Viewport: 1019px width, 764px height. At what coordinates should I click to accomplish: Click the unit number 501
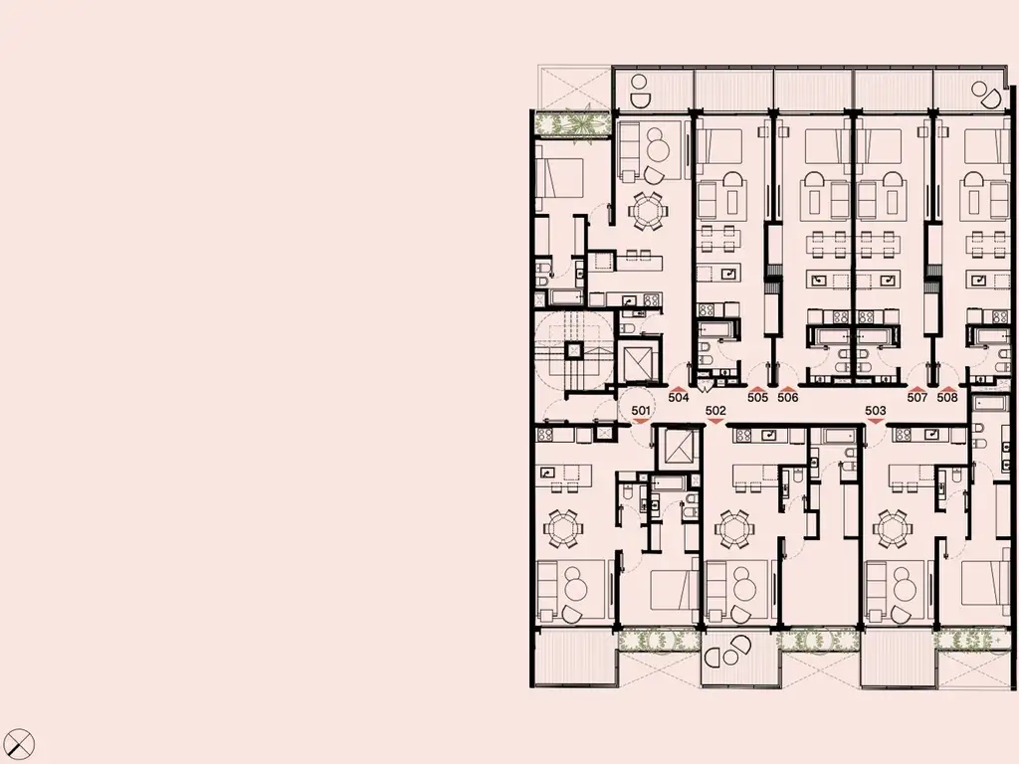[641, 410]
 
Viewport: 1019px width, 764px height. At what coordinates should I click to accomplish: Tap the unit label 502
[715, 410]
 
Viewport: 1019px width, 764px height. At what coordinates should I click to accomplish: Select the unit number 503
[876, 410]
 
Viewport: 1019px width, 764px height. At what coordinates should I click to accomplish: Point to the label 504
[679, 397]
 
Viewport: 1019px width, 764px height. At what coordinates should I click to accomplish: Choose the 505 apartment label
[757, 397]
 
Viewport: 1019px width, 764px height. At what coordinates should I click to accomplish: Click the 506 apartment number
[788, 397]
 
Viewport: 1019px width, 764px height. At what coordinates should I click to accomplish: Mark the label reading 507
[917, 397]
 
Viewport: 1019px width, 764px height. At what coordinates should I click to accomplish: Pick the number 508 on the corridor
[947, 397]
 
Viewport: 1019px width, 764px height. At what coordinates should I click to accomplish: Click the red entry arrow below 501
[641, 421]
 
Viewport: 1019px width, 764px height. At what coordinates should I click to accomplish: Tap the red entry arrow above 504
[679, 388]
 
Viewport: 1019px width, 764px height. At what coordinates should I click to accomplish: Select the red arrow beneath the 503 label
[876, 421]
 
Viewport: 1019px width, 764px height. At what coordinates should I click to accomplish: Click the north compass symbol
[18, 744]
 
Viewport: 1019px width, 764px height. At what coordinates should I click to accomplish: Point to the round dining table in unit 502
[735, 529]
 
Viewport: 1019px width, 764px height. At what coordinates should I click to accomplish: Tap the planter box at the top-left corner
[572, 123]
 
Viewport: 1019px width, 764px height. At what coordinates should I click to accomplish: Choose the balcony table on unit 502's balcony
[727, 651]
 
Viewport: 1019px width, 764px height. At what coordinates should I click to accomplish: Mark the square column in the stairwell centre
[573, 351]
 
